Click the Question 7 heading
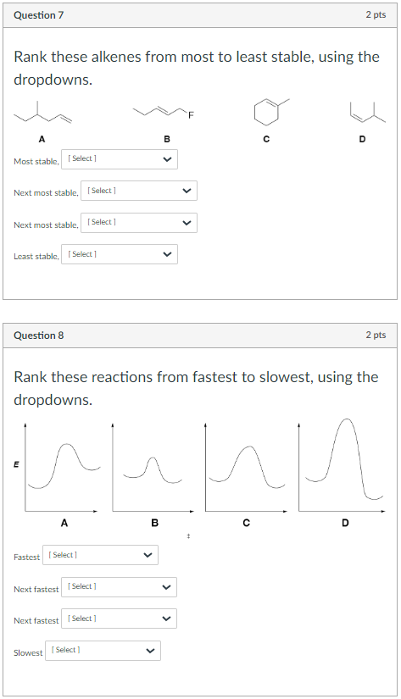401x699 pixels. [38, 15]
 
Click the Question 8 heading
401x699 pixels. [39, 336]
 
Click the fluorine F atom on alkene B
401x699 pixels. [191, 117]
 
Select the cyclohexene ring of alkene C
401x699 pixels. [265, 111]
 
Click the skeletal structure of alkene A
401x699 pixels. [42, 111]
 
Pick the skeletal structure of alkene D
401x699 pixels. [362, 110]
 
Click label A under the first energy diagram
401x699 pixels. [64, 523]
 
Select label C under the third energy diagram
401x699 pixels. [246, 523]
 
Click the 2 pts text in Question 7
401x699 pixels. [376, 15]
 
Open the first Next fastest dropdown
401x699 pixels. [119, 586]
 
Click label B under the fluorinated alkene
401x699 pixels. [167, 139]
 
